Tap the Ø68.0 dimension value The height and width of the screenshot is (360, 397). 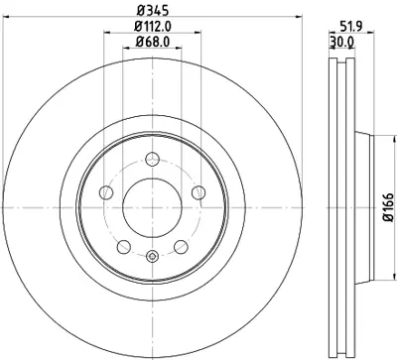151,43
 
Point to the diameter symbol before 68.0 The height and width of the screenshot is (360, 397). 138,43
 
